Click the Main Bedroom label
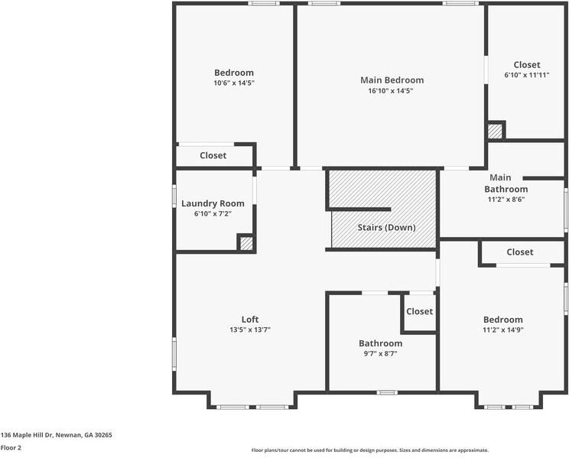(392, 80)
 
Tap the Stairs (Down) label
(386, 228)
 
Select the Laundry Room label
(213, 203)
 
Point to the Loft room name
(250, 320)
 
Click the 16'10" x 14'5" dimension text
(392, 91)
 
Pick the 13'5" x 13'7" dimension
(250, 330)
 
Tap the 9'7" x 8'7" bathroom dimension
(380, 354)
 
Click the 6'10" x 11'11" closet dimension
(526, 76)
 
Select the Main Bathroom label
(506, 184)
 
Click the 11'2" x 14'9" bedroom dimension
(502, 330)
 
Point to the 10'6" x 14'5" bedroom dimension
(233, 83)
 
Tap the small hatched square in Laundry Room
(245, 244)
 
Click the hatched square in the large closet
(496, 131)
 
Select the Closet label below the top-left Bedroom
(213, 156)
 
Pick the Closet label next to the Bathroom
(419, 311)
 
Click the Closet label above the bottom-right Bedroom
(519, 252)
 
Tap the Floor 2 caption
(11, 447)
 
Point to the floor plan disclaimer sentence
(369, 450)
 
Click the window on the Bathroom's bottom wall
(387, 392)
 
